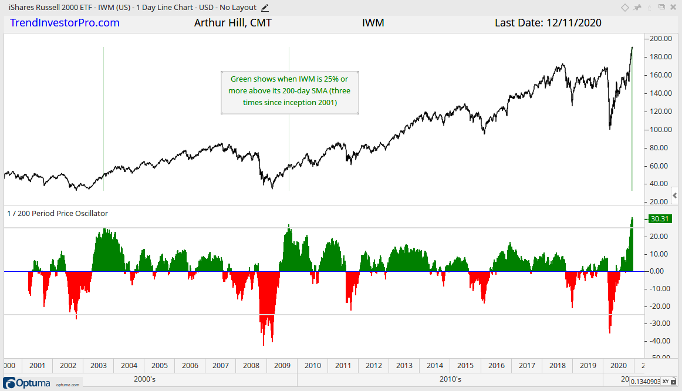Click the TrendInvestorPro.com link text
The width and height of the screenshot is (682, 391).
pos(65,23)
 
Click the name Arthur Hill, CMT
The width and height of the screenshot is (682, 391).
pos(232,23)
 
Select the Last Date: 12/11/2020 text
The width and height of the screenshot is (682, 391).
pos(548,23)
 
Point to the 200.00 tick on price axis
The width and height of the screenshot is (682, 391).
pos(660,39)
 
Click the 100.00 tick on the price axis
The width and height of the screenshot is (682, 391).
pos(660,129)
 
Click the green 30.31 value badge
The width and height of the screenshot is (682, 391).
pos(660,219)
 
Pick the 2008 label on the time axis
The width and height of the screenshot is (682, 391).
pos(251,365)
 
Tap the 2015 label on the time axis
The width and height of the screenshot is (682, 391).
pos(465,365)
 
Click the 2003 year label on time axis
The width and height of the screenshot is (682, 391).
pos(99,365)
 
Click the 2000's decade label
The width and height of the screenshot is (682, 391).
pos(144,379)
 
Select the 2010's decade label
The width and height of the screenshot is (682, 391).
pos(450,379)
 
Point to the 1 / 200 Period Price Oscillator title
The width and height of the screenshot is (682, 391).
pos(58,214)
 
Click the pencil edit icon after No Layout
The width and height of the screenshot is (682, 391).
pos(265,8)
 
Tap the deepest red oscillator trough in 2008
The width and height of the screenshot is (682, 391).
pos(264,344)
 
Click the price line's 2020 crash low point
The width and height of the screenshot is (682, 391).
pos(610,128)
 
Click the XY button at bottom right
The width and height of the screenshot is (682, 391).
pos(666,382)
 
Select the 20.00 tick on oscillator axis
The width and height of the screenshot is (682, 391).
pos(660,236)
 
